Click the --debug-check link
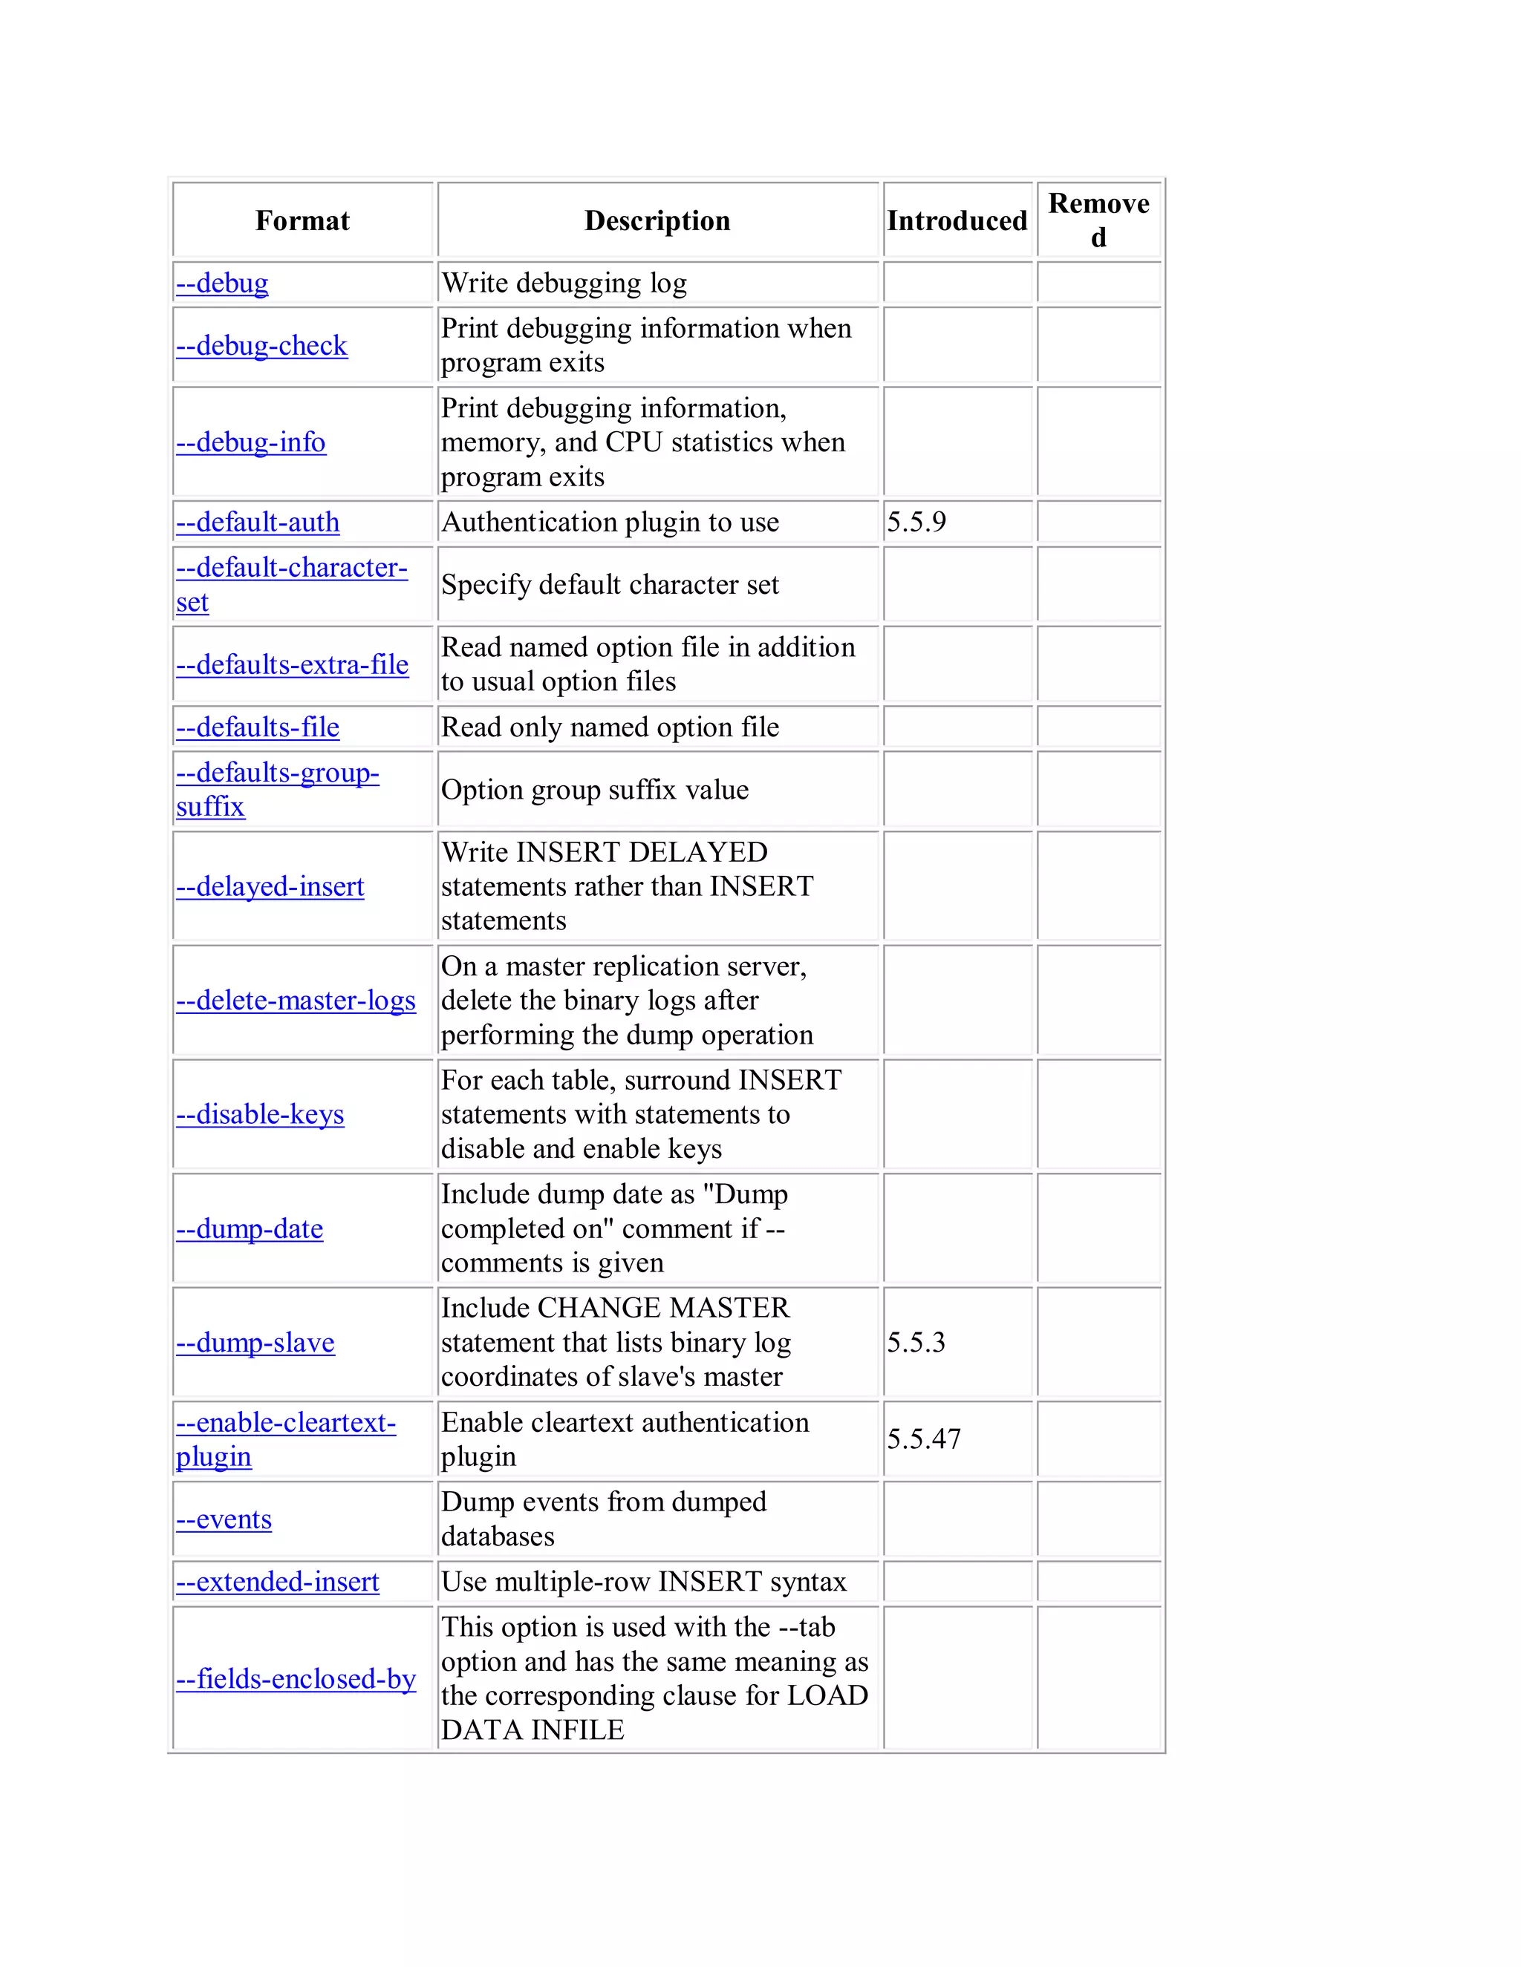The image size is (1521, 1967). [x=261, y=346]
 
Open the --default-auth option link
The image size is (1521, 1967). [x=258, y=523]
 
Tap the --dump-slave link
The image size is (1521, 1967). [x=255, y=1343]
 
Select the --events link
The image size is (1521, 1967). [x=224, y=1519]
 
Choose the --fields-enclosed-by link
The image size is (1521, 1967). [x=296, y=1679]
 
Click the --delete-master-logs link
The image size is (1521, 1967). [x=296, y=1001]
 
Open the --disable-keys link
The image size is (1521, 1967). [x=259, y=1115]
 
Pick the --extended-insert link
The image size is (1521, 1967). [x=278, y=1583]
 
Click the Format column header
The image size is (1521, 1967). [x=302, y=220]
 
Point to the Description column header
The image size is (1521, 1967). [x=657, y=220]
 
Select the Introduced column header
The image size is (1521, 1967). [x=956, y=220]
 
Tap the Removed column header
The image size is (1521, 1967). [x=1098, y=220]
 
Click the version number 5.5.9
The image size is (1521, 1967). [x=916, y=523]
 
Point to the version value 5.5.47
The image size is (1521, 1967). [x=924, y=1439]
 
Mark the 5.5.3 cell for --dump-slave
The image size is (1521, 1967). [x=916, y=1343]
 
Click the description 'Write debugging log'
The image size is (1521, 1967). [x=564, y=284]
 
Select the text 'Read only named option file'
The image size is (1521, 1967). [x=610, y=727]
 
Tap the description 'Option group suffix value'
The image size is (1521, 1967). [x=595, y=790]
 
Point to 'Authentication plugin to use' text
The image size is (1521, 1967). [x=610, y=523]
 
